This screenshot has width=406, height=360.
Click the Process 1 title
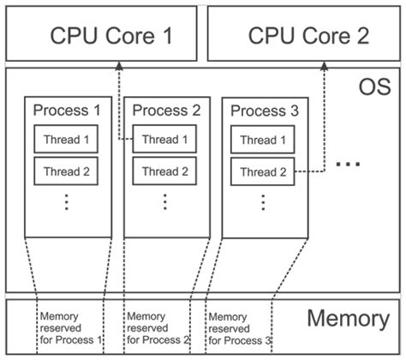pyautogui.click(x=67, y=111)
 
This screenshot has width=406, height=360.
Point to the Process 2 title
pyautogui.click(x=166, y=111)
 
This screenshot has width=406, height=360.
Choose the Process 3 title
pyautogui.click(x=265, y=111)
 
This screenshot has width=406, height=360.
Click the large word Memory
pyautogui.click(x=348, y=320)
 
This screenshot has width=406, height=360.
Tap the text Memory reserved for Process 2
pyautogui.click(x=157, y=328)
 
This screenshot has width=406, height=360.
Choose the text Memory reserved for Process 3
pyautogui.click(x=240, y=328)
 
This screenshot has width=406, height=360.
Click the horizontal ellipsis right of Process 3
pyautogui.click(x=348, y=164)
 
